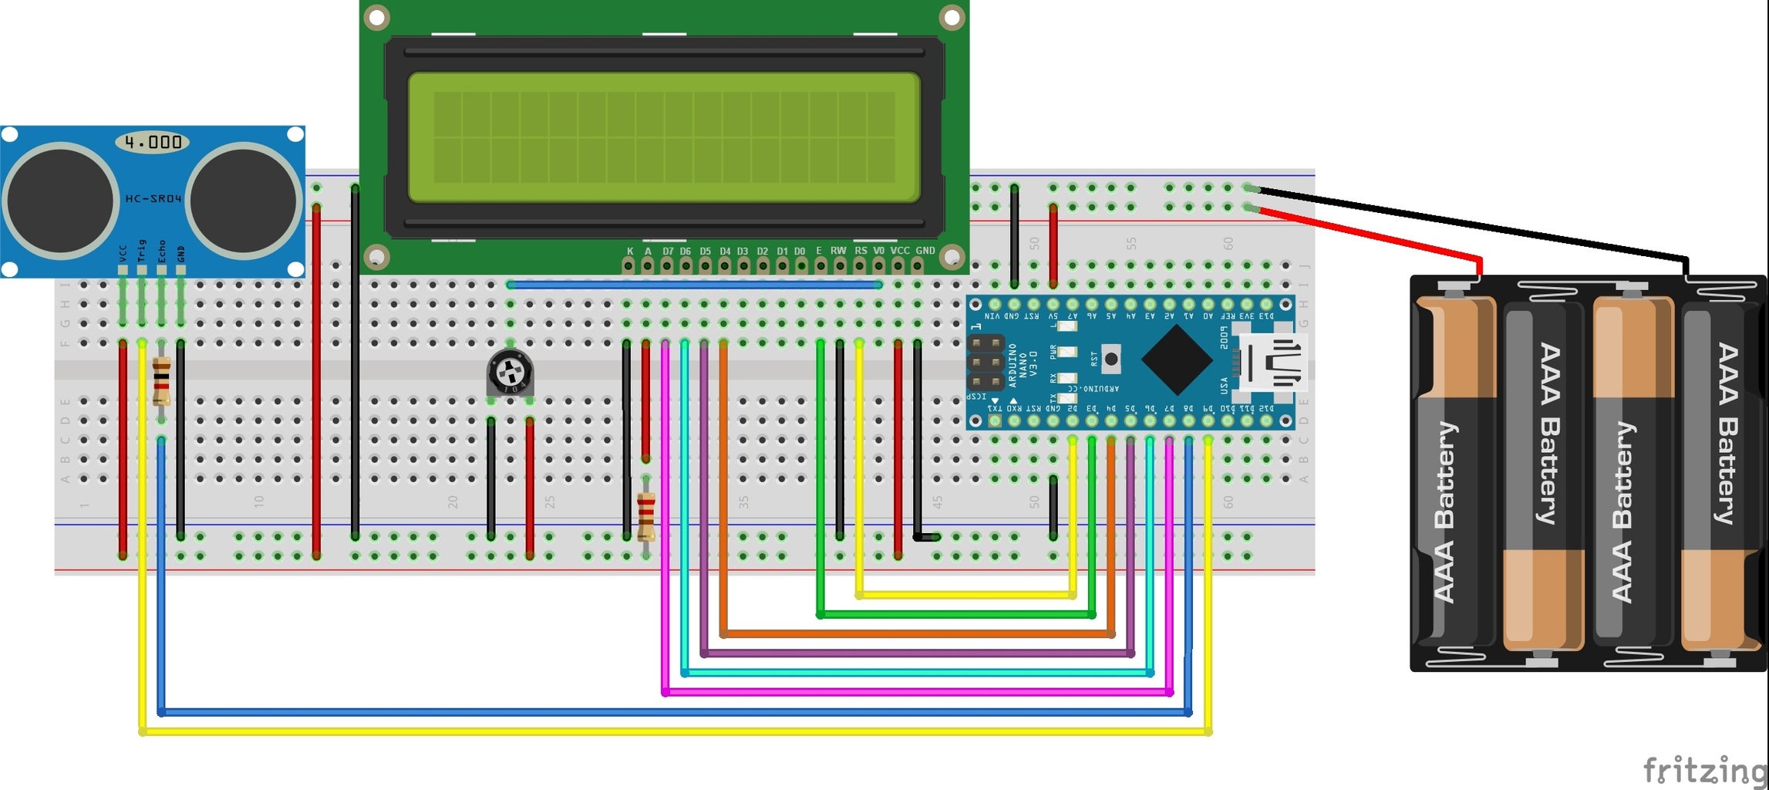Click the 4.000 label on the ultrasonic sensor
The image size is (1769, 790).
(153, 142)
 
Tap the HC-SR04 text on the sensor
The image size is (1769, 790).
(153, 198)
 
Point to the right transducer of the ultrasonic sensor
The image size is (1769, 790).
(242, 200)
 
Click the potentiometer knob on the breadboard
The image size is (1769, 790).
(510, 373)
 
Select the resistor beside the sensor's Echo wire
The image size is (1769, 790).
(161, 381)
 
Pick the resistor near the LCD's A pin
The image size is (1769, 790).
(646, 516)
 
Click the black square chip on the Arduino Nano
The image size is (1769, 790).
(1176, 360)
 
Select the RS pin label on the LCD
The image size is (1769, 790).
(861, 251)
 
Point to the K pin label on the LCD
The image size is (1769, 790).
(630, 251)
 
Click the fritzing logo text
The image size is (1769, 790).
(1704, 769)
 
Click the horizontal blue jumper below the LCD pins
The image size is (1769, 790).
(694, 285)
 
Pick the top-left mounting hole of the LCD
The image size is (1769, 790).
(376, 16)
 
